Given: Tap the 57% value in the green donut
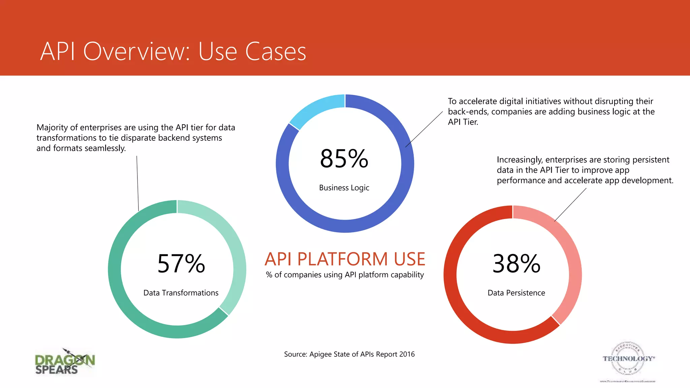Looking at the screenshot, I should point(181,263).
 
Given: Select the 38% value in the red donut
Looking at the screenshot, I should point(516,263).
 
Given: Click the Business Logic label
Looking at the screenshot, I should point(344,188).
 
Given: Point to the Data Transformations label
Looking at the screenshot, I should point(181,293).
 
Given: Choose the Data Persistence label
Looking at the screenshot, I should point(516,293).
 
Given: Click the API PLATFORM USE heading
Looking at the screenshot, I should point(345,259).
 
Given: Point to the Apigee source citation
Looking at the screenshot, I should point(349,354).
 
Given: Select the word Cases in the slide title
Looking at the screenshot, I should point(276,52).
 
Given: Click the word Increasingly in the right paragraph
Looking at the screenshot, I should point(519,160).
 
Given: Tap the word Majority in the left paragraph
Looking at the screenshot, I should point(52,128).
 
